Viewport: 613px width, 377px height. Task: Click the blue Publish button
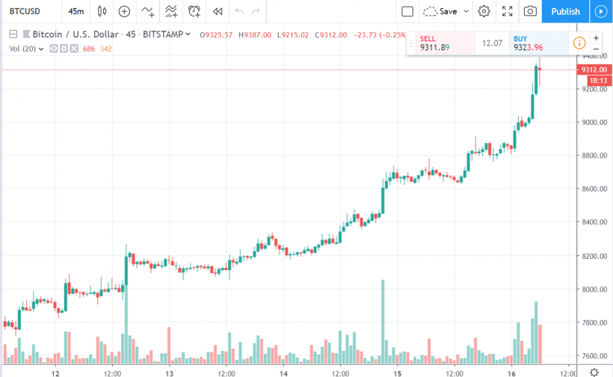[x=565, y=11]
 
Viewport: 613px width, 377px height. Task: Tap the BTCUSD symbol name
[x=25, y=11]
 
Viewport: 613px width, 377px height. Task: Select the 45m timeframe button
[x=76, y=11]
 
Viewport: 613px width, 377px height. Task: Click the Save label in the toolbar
[x=448, y=11]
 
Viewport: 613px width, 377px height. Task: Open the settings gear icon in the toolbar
[x=484, y=11]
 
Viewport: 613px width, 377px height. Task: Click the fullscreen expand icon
[x=507, y=11]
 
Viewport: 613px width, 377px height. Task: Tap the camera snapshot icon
[x=530, y=11]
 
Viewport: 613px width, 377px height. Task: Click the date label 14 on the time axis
[x=283, y=372]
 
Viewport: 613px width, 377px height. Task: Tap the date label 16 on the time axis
[x=511, y=372]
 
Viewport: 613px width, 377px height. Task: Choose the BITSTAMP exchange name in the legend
[x=164, y=34]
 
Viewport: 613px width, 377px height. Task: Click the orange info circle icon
[x=579, y=43]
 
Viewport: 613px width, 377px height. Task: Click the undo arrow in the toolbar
[x=239, y=11]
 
